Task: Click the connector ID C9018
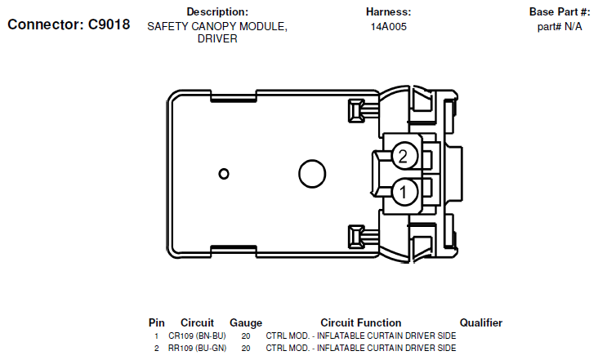[x=109, y=24]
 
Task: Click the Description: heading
[x=217, y=12]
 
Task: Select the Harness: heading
[x=388, y=12]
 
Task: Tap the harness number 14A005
[x=388, y=26]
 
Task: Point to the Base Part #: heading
[x=560, y=12]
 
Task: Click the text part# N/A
[x=560, y=26]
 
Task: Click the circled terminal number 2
[x=404, y=154]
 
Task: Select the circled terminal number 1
[x=404, y=193]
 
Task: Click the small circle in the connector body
[x=224, y=173]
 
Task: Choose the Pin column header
[x=157, y=323]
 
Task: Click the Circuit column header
[x=197, y=323]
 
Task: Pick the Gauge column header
[x=246, y=323]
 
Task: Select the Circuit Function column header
[x=360, y=323]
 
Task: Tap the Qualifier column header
[x=481, y=323]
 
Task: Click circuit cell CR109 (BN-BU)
[x=197, y=336]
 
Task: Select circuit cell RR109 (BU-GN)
[x=197, y=349]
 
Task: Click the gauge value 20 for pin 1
[x=246, y=336]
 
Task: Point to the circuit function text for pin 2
[x=360, y=349]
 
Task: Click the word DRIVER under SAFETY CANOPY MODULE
[x=217, y=39]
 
